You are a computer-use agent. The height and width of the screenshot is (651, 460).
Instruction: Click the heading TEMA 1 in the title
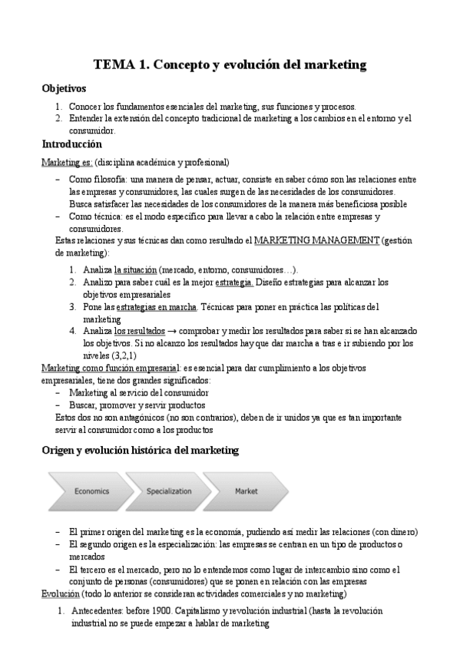[x=121, y=65]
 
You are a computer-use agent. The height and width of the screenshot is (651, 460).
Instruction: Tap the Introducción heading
[x=71, y=144]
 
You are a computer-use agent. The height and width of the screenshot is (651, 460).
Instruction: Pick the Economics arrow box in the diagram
[x=91, y=491]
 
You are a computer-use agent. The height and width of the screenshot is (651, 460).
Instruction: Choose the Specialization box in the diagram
[x=169, y=491]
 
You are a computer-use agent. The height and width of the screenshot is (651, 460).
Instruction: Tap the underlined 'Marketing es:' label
[x=67, y=163]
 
